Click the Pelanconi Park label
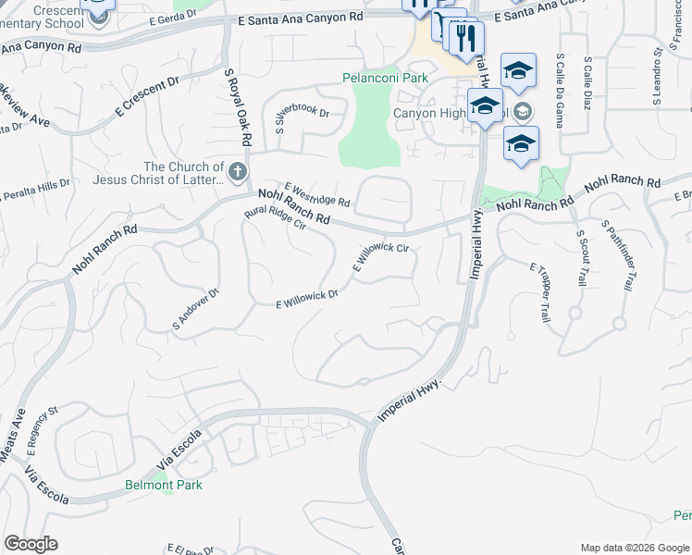tap(385, 78)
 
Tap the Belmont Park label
tap(164, 485)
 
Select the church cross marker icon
tap(238, 171)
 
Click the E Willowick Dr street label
tap(308, 299)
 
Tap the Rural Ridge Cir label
tap(275, 218)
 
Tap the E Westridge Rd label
tap(317, 194)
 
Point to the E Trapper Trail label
tap(541, 291)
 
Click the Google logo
tap(31, 544)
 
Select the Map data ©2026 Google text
tap(635, 548)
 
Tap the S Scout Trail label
tap(581, 257)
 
